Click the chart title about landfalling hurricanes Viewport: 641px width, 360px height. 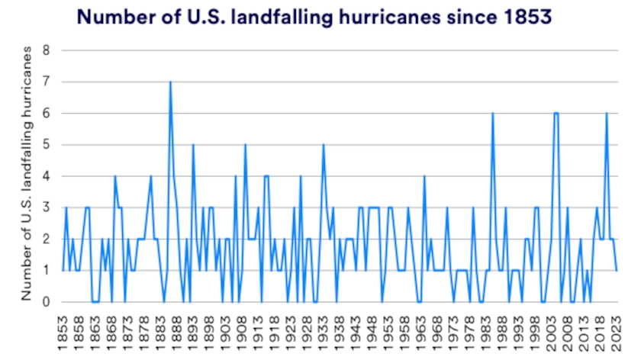coord(314,17)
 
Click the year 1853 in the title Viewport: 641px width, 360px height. coord(527,17)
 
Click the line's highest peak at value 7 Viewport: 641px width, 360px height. coord(170,82)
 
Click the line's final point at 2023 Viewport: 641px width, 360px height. coord(617,270)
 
